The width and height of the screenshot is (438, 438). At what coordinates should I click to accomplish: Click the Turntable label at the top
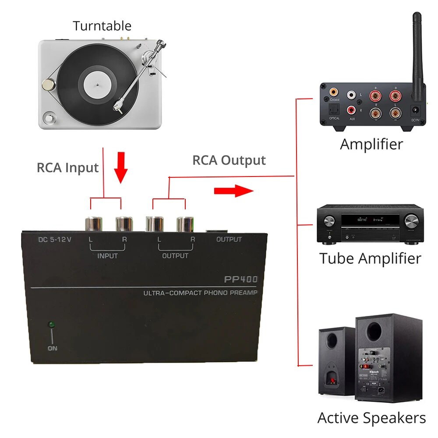click(x=102, y=26)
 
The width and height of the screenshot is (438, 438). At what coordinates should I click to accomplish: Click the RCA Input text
click(x=67, y=168)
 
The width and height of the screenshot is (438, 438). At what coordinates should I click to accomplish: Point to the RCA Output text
click(x=229, y=160)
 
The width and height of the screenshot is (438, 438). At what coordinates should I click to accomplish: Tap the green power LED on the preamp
click(x=51, y=325)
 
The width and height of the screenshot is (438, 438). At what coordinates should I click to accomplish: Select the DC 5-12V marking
click(x=55, y=240)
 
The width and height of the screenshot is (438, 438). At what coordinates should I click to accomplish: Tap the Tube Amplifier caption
click(x=370, y=258)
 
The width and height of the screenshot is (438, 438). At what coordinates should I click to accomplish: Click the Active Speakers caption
click(x=371, y=418)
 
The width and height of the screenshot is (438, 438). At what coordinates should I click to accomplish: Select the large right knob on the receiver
click(x=410, y=220)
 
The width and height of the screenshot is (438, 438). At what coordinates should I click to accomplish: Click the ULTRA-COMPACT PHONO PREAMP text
click(x=200, y=293)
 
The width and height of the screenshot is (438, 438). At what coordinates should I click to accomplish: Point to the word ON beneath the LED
click(x=52, y=349)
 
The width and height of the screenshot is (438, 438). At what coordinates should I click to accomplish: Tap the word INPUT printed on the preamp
click(x=107, y=256)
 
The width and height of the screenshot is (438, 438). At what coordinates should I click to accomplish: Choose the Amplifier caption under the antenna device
click(x=371, y=144)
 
